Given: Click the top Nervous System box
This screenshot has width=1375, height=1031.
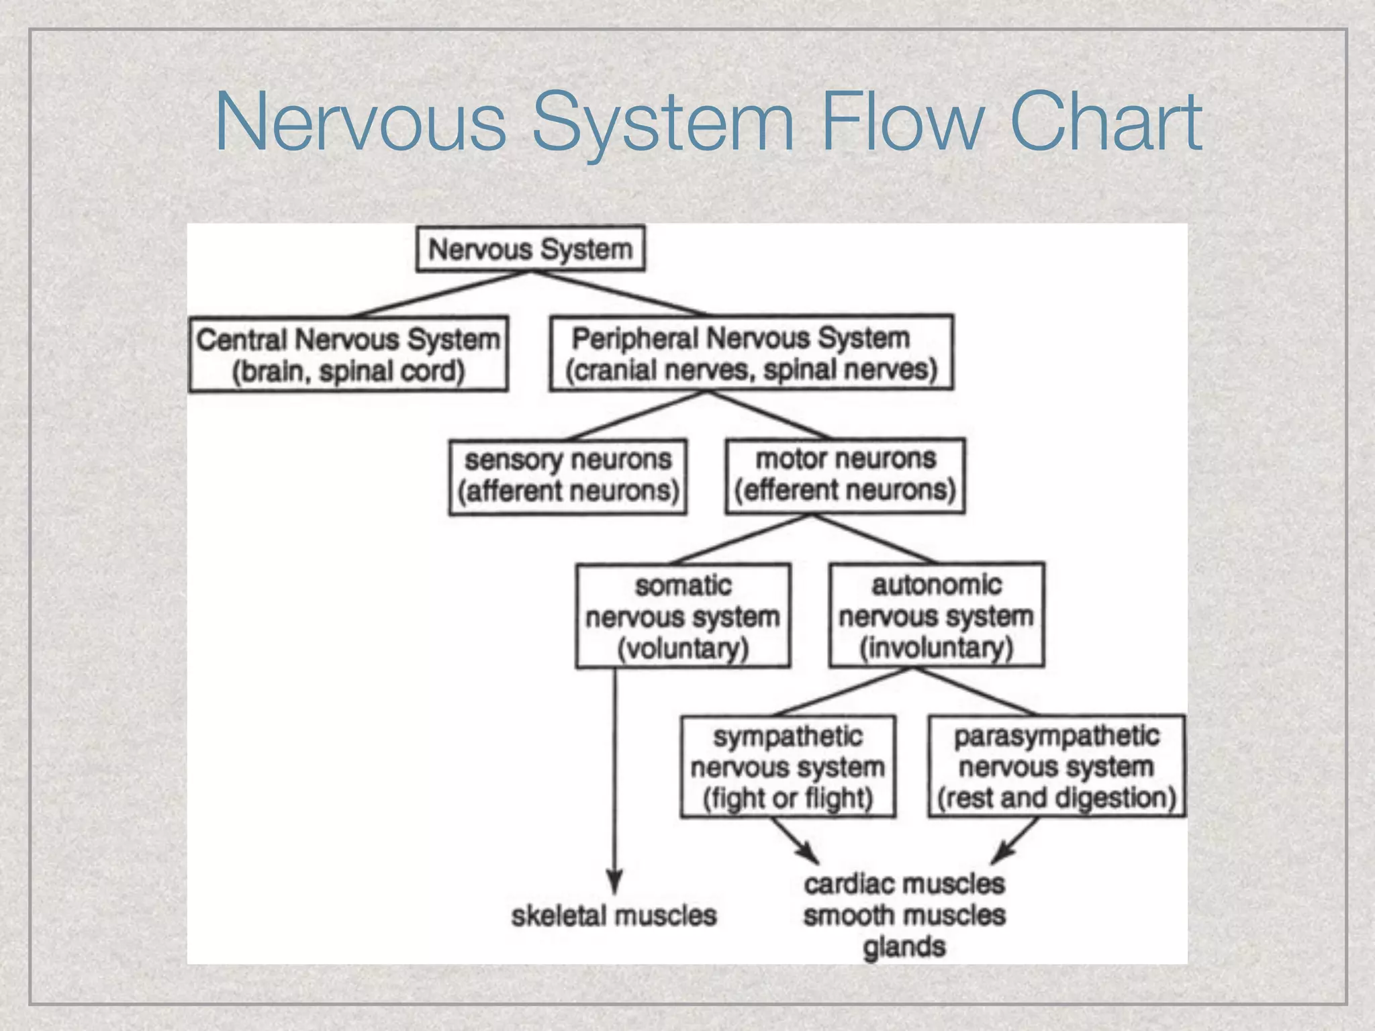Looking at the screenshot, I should click(530, 249).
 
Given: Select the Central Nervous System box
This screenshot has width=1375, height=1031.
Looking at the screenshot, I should click(348, 354).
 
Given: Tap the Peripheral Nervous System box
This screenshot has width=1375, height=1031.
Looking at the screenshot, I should click(751, 353).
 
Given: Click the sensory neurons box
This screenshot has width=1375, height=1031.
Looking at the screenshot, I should click(567, 477).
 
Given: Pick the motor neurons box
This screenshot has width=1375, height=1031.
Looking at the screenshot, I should click(845, 475).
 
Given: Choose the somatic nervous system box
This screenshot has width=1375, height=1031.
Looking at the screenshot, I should click(683, 616).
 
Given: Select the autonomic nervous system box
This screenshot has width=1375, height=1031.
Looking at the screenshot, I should click(937, 615).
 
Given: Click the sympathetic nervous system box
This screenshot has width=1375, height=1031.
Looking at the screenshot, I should click(788, 766).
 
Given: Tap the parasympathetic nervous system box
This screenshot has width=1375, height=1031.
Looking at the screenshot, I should click(1056, 766).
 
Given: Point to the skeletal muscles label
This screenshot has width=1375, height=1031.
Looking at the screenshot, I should click(614, 916).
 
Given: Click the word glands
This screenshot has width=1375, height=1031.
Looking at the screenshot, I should click(904, 947).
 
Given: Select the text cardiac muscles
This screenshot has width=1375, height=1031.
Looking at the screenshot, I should click(904, 884).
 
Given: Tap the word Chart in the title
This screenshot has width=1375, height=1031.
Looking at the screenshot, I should click(1106, 122).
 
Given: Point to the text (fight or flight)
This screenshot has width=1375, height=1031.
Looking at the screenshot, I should click(788, 798).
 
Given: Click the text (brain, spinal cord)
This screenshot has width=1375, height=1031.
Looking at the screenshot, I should click(348, 371).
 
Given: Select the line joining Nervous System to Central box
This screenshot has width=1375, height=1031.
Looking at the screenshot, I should click(443, 293).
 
